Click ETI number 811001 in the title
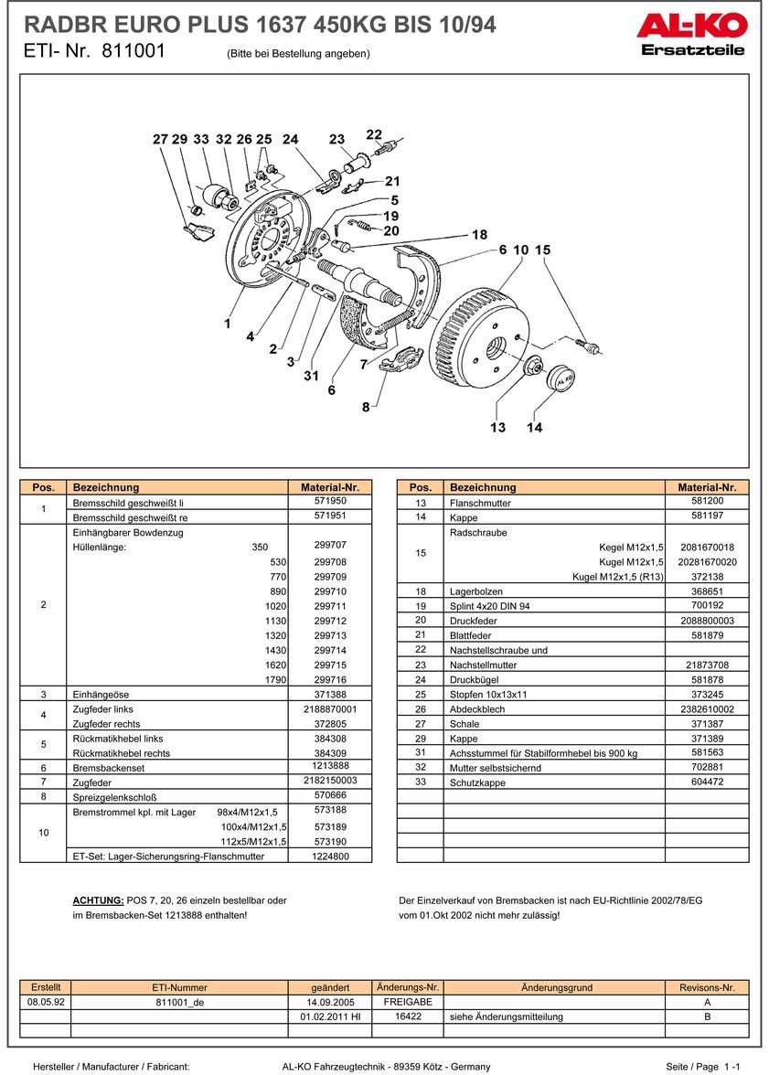point(134,52)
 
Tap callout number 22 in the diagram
point(374,134)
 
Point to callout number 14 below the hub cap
point(534,427)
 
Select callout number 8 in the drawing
point(366,407)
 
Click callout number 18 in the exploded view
point(479,235)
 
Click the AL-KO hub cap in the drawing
point(559,378)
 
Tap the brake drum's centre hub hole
point(497,348)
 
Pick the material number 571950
point(330,502)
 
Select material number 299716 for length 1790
point(330,680)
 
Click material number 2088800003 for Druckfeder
point(707,621)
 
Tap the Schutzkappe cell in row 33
point(477,782)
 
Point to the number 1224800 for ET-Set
point(330,857)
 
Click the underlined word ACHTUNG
point(98,900)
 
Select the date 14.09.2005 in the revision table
point(330,1002)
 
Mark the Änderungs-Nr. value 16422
point(408,1016)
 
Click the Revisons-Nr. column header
point(707,987)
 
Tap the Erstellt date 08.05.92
point(46,1002)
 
